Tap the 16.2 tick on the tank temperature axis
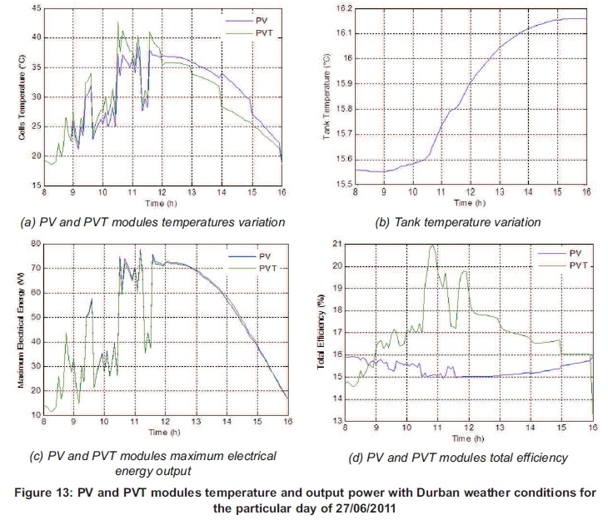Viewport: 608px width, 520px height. click(x=343, y=7)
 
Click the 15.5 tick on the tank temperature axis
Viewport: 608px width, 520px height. click(x=343, y=184)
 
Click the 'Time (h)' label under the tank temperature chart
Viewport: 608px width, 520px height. click(x=471, y=201)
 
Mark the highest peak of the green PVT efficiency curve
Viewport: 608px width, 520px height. click(x=432, y=245)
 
